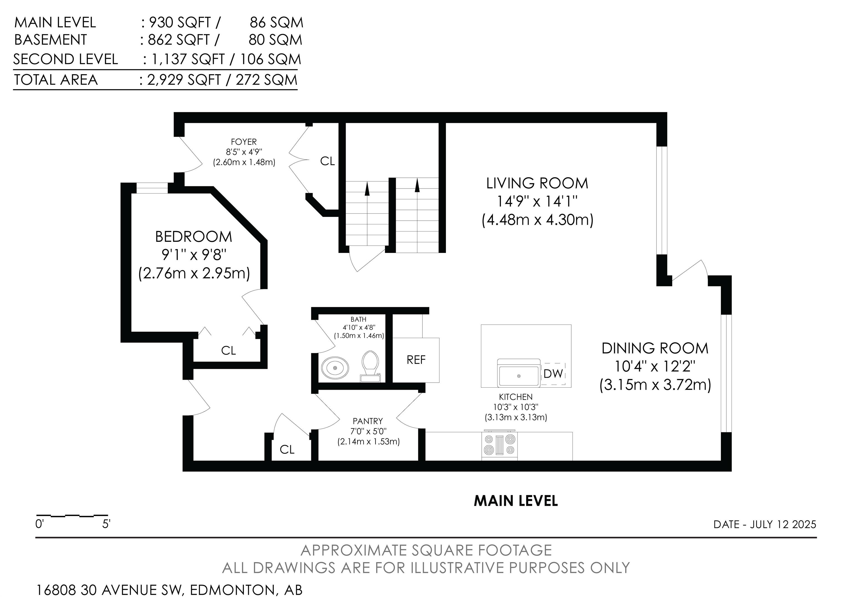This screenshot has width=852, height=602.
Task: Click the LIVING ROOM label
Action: tap(537, 183)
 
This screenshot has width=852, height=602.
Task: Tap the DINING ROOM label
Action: tap(655, 348)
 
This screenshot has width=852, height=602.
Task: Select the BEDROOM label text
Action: tap(194, 237)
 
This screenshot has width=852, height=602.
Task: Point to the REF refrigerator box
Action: tap(416, 360)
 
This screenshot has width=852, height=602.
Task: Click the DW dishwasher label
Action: tap(553, 374)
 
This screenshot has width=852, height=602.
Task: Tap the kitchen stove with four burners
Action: tap(499, 446)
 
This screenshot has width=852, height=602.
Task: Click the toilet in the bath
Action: tap(370, 366)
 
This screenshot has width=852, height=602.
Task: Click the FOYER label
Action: tap(244, 142)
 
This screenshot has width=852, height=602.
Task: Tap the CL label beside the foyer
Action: tap(327, 161)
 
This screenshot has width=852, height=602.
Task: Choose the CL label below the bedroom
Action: tap(228, 350)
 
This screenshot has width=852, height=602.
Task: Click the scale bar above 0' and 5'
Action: tap(72, 515)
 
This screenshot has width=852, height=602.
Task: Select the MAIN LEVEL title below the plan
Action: tap(516, 501)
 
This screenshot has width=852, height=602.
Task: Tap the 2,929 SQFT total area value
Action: tap(184, 80)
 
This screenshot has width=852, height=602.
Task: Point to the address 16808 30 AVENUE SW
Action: tap(110, 590)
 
